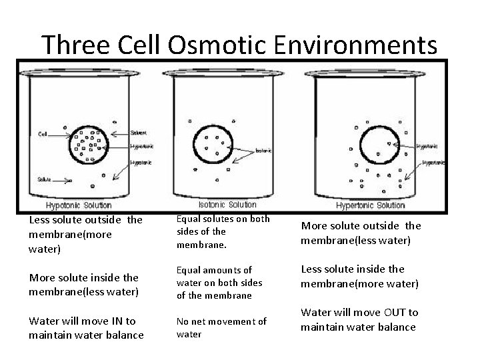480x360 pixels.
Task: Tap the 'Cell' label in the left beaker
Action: click(43, 133)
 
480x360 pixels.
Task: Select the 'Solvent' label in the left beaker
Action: click(138, 133)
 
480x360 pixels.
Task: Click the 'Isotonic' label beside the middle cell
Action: click(263, 151)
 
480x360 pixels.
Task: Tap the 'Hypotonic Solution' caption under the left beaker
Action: click(78, 205)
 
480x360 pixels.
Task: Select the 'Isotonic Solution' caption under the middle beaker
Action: click(227, 205)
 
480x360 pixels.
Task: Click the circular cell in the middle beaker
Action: click(215, 141)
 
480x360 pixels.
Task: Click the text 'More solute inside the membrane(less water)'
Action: click(83, 283)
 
